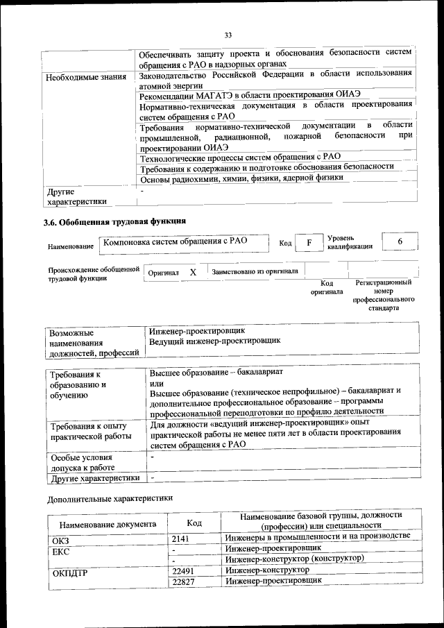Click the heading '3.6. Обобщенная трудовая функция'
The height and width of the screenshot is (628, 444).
pyautogui.click(x=115, y=221)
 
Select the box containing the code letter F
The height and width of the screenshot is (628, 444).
pyautogui.click(x=309, y=243)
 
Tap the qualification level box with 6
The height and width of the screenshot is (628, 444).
pyautogui.click(x=400, y=241)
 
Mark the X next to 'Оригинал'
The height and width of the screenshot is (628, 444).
pyautogui.click(x=193, y=273)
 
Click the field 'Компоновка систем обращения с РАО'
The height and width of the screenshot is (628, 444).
pyautogui.click(x=175, y=242)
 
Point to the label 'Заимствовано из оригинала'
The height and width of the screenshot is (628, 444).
pyautogui.click(x=255, y=271)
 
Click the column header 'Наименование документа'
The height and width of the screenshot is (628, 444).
pyautogui.click(x=108, y=524)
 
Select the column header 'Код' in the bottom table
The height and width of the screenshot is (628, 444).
pyautogui.click(x=194, y=523)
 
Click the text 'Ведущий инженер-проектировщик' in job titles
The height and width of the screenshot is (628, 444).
pyautogui.click(x=215, y=341)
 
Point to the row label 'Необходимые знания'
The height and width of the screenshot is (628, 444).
pyautogui.click(x=85, y=76)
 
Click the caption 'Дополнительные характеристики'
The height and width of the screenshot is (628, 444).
pyautogui.click(x=110, y=498)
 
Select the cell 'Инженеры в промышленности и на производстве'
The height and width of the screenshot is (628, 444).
pyautogui.click(x=318, y=536)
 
